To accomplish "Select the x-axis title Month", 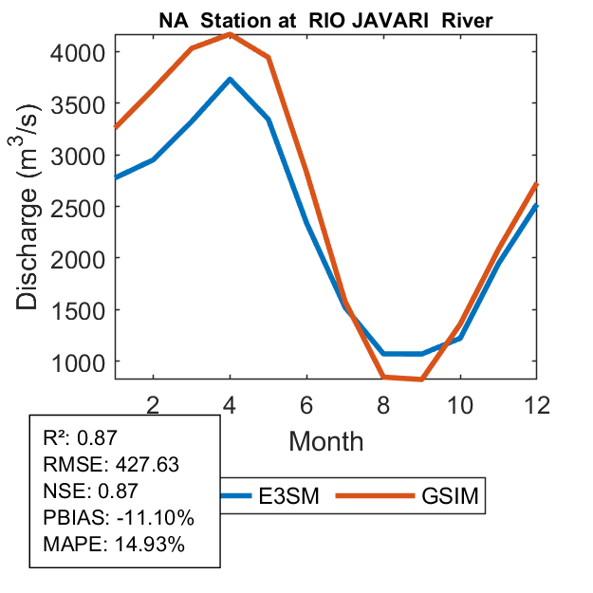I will click(x=325, y=440).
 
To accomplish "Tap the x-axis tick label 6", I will click(x=306, y=404).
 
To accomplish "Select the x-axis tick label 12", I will click(x=537, y=404).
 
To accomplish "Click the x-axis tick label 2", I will click(x=152, y=404).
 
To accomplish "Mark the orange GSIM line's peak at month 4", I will click(x=229, y=34).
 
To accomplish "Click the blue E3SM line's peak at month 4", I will click(x=229, y=79).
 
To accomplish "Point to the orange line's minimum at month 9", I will click(x=421, y=380).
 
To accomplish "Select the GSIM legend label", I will click(x=449, y=496).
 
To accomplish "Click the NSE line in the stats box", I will click(x=91, y=491).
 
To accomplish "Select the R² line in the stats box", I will click(x=83, y=438).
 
